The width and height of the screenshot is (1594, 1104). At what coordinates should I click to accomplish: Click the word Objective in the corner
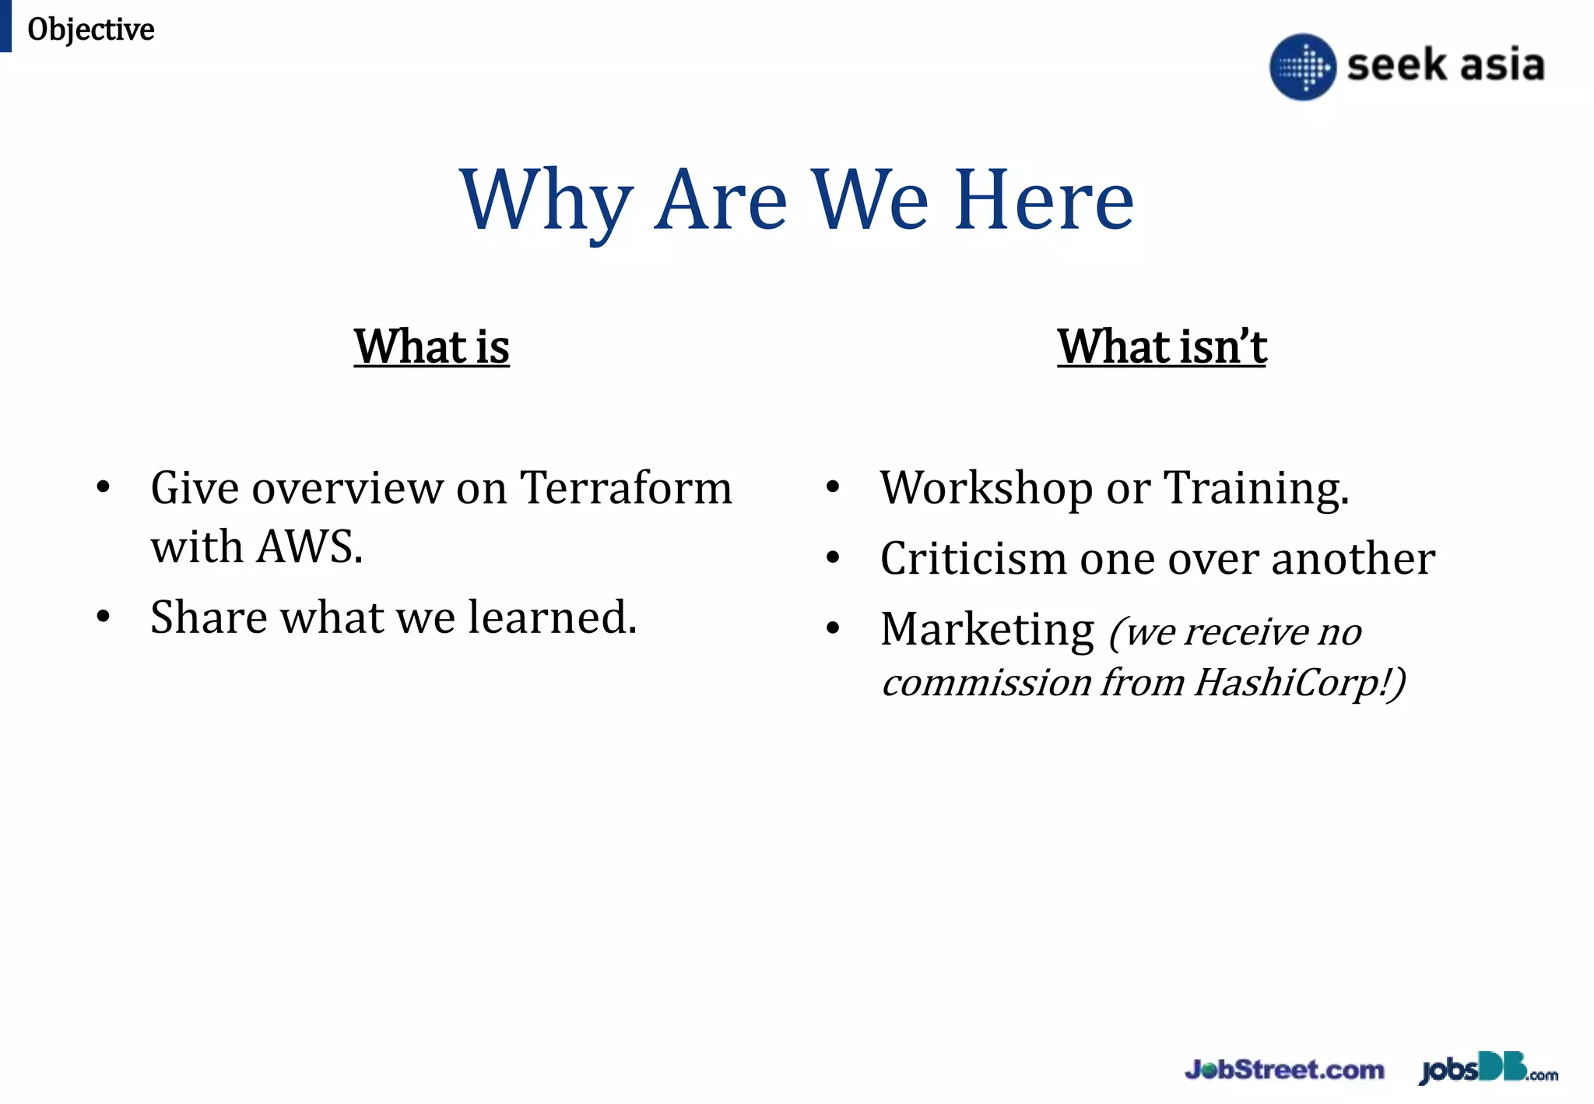(x=90, y=30)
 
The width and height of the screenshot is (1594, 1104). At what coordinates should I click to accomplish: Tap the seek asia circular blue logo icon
(x=1302, y=66)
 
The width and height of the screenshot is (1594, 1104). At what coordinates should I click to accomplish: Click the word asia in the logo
(x=1502, y=65)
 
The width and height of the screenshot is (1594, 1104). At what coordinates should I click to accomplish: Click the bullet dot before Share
(x=103, y=617)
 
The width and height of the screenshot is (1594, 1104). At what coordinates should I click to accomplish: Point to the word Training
(x=1255, y=488)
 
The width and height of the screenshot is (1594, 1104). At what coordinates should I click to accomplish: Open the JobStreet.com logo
(x=1284, y=1070)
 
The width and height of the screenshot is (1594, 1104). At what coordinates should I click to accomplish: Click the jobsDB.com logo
(x=1488, y=1069)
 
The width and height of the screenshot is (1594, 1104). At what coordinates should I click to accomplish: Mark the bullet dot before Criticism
(x=833, y=558)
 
